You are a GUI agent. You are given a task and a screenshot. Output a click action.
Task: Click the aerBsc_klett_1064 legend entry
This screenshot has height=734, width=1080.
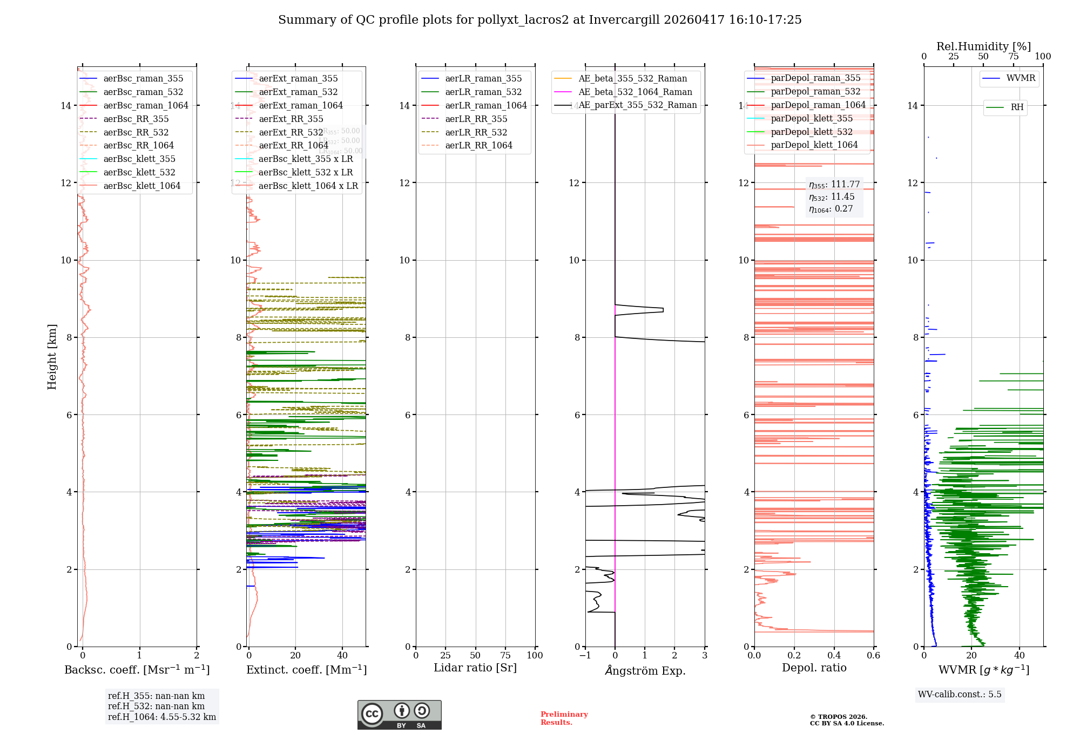pos(141,186)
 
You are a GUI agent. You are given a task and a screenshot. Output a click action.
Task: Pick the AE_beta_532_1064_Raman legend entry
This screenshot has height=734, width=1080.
pos(635,92)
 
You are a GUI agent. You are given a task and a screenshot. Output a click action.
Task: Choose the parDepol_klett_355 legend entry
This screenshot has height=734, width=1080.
pos(811,119)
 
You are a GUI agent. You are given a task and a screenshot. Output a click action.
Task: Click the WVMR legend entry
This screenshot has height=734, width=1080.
pos(1021,78)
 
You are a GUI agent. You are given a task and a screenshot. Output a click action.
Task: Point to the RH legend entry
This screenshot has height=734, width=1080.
pos(1017,107)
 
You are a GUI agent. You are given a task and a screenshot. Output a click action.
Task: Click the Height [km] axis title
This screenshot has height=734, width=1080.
pos(52,357)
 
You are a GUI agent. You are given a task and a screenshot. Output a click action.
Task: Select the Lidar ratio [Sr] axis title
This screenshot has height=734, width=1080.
pos(475,668)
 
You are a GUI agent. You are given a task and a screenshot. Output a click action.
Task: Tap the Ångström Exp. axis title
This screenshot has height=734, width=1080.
pos(645,671)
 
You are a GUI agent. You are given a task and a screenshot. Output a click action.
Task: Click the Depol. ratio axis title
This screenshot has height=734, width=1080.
pos(814,668)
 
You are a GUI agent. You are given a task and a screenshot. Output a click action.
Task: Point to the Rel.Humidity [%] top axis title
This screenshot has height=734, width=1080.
pos(983,46)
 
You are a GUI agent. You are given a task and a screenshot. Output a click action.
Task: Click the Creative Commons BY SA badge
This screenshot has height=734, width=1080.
pos(399,715)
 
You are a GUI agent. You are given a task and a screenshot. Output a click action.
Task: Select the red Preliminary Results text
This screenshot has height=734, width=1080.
pos(564,718)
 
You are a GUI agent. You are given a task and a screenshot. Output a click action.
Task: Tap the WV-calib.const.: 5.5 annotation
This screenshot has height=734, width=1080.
pos(959,695)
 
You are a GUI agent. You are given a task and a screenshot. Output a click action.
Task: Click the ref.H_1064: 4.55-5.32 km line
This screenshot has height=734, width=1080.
pos(161,717)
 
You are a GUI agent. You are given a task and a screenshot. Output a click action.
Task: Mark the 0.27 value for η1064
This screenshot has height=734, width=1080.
pos(844,209)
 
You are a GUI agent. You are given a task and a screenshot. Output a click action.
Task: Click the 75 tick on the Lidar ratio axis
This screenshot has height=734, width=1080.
pos(505,656)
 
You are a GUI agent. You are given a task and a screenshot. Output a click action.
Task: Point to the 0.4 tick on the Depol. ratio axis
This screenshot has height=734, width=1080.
pos(834,656)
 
